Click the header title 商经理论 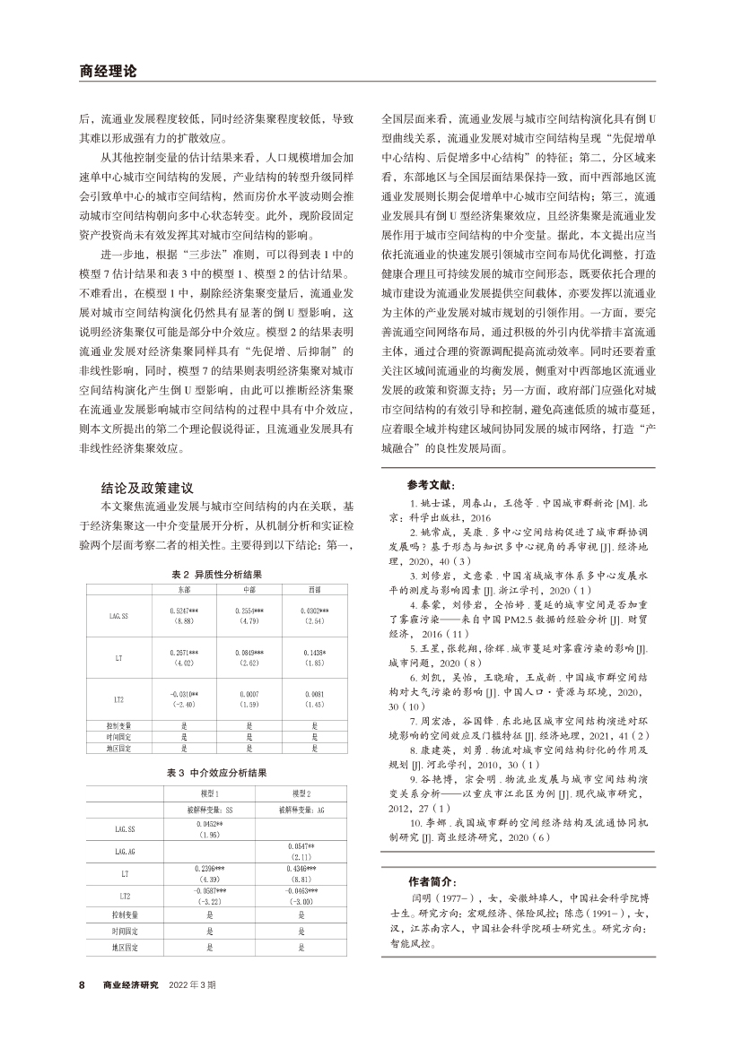108,71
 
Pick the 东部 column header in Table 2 183,589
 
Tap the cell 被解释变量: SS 208,809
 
